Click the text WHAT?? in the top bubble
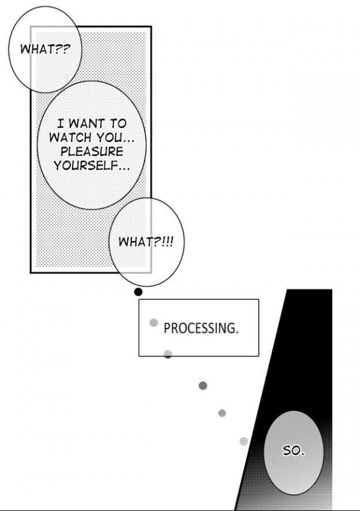click(45, 49)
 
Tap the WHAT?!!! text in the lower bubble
click(146, 242)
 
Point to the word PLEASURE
click(92, 152)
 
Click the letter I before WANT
click(61, 124)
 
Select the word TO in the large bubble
click(118, 124)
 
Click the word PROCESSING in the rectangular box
click(199, 328)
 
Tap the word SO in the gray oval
click(291, 450)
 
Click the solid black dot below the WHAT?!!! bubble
click(138, 292)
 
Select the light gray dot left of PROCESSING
click(154, 323)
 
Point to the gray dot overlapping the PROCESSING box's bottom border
click(168, 354)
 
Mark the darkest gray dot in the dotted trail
click(203, 386)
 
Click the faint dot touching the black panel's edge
click(244, 441)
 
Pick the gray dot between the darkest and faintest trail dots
click(222, 413)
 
